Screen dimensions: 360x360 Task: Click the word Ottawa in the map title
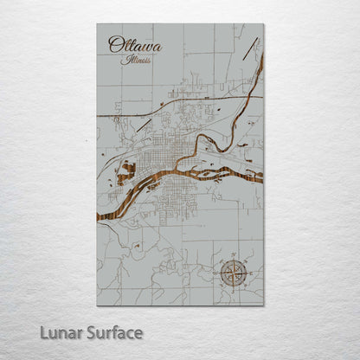pyautogui.click(x=134, y=44)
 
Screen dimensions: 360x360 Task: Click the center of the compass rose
pyautogui.click(x=232, y=273)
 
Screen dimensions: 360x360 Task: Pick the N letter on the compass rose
pyautogui.click(x=232, y=258)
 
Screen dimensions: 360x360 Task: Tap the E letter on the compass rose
pyautogui.click(x=247, y=273)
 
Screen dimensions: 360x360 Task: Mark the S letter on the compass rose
pyautogui.click(x=232, y=287)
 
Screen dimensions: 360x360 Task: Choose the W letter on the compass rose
pyautogui.click(x=217, y=273)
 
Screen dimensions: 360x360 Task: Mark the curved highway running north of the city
pyautogui.click(x=173, y=101)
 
